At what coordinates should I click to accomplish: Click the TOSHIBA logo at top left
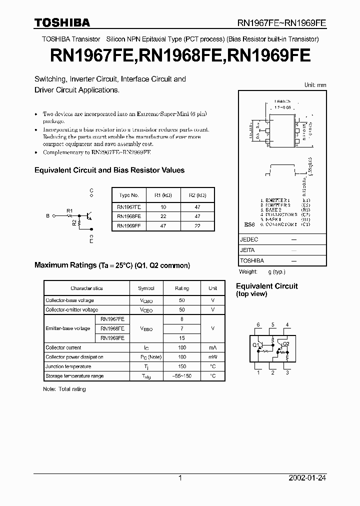point(62,22)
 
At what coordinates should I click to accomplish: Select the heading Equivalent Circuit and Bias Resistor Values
point(109,170)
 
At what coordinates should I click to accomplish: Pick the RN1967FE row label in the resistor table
point(129,206)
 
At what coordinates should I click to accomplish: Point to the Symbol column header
point(146,288)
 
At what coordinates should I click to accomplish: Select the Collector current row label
point(63,347)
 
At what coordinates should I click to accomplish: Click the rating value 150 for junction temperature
point(181,366)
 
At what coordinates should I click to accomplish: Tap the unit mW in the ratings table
point(212,357)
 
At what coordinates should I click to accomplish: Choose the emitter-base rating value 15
point(181,338)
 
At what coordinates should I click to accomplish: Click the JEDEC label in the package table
point(249,239)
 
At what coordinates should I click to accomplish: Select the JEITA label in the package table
point(247,250)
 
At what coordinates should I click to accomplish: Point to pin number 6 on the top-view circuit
point(258,325)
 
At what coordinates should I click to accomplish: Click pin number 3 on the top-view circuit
point(287,372)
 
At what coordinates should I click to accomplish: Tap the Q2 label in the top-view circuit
point(285,343)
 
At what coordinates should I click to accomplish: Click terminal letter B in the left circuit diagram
point(48,216)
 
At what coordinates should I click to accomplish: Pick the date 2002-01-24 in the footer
point(307,478)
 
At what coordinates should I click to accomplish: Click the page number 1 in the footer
point(180,478)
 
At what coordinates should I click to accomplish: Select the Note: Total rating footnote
point(64,389)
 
